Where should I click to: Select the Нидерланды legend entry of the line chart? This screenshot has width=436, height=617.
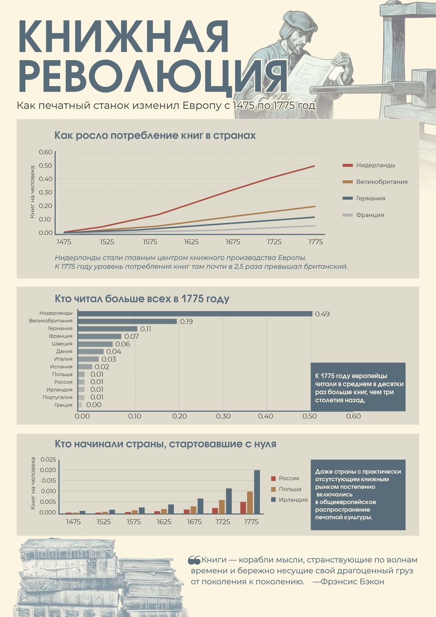coord(369,165)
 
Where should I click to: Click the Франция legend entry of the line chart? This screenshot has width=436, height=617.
coord(363,215)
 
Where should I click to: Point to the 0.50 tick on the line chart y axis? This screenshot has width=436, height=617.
coord(46,166)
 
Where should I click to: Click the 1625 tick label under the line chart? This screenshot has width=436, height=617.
coord(191,242)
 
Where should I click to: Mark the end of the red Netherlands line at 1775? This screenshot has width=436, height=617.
coord(314,166)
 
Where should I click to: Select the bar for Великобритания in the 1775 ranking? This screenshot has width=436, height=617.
coord(127,321)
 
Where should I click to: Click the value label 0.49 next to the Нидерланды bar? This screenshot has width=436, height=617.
coord(322,314)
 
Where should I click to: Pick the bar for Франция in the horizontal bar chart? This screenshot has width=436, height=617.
coord(99,336)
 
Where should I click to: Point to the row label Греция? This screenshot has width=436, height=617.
coord(63,405)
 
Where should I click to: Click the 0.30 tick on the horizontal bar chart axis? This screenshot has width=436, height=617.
coord(223,416)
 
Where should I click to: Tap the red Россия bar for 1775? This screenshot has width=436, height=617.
coord(243,507)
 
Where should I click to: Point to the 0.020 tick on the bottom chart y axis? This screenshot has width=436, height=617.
coord(48,470)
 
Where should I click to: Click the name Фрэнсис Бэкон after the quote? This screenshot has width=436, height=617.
coord(352,582)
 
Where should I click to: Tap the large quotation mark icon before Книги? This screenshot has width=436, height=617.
coord(194,560)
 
